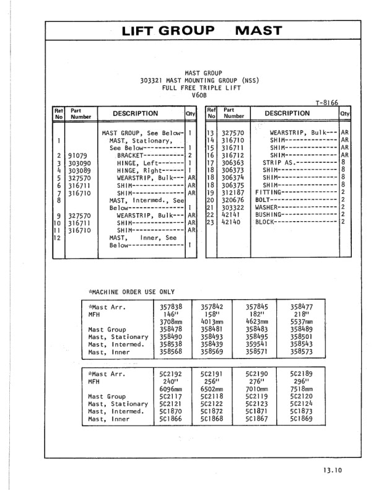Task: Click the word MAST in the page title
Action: (259, 30)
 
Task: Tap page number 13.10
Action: (331, 470)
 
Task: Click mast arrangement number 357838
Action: (172, 306)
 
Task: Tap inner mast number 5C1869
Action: (301, 419)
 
